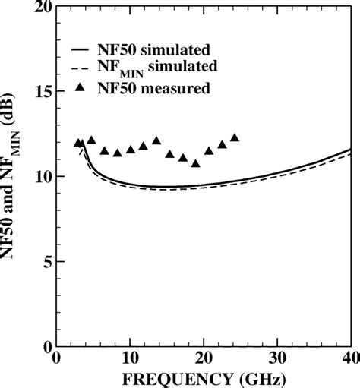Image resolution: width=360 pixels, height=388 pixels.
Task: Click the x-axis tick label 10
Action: pyautogui.click(x=131, y=358)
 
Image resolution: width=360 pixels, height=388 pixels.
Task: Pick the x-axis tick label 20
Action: pyautogui.click(x=204, y=358)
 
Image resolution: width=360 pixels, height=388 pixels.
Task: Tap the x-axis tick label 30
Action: pyautogui.click(x=277, y=358)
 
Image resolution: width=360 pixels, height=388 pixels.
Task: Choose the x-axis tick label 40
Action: pyautogui.click(x=348, y=358)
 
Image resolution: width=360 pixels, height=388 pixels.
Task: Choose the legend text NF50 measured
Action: pyautogui.click(x=156, y=89)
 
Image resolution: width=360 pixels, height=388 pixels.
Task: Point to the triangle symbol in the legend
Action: pyautogui.click(x=84, y=89)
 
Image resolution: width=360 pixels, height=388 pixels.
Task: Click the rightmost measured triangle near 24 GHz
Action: pyautogui.click(x=234, y=137)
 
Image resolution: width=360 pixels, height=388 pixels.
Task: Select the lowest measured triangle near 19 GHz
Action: pyautogui.click(x=195, y=163)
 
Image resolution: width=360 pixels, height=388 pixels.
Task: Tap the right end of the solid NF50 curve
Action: pyautogui.click(x=350, y=150)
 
